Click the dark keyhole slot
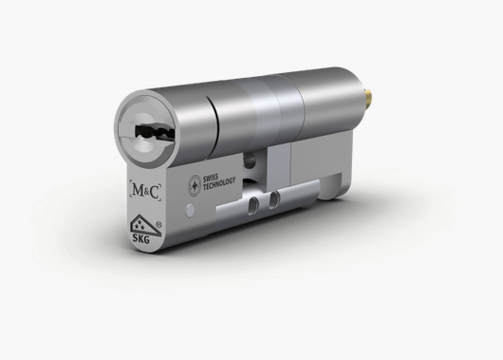coord(154,132)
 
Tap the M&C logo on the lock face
coord(145,191)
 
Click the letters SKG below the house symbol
coord(141,238)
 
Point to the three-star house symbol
coord(141,223)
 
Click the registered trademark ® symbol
coord(158,224)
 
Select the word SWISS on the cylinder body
coord(210,179)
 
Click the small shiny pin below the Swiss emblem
coord(190,209)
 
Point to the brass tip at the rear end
coord(370,96)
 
